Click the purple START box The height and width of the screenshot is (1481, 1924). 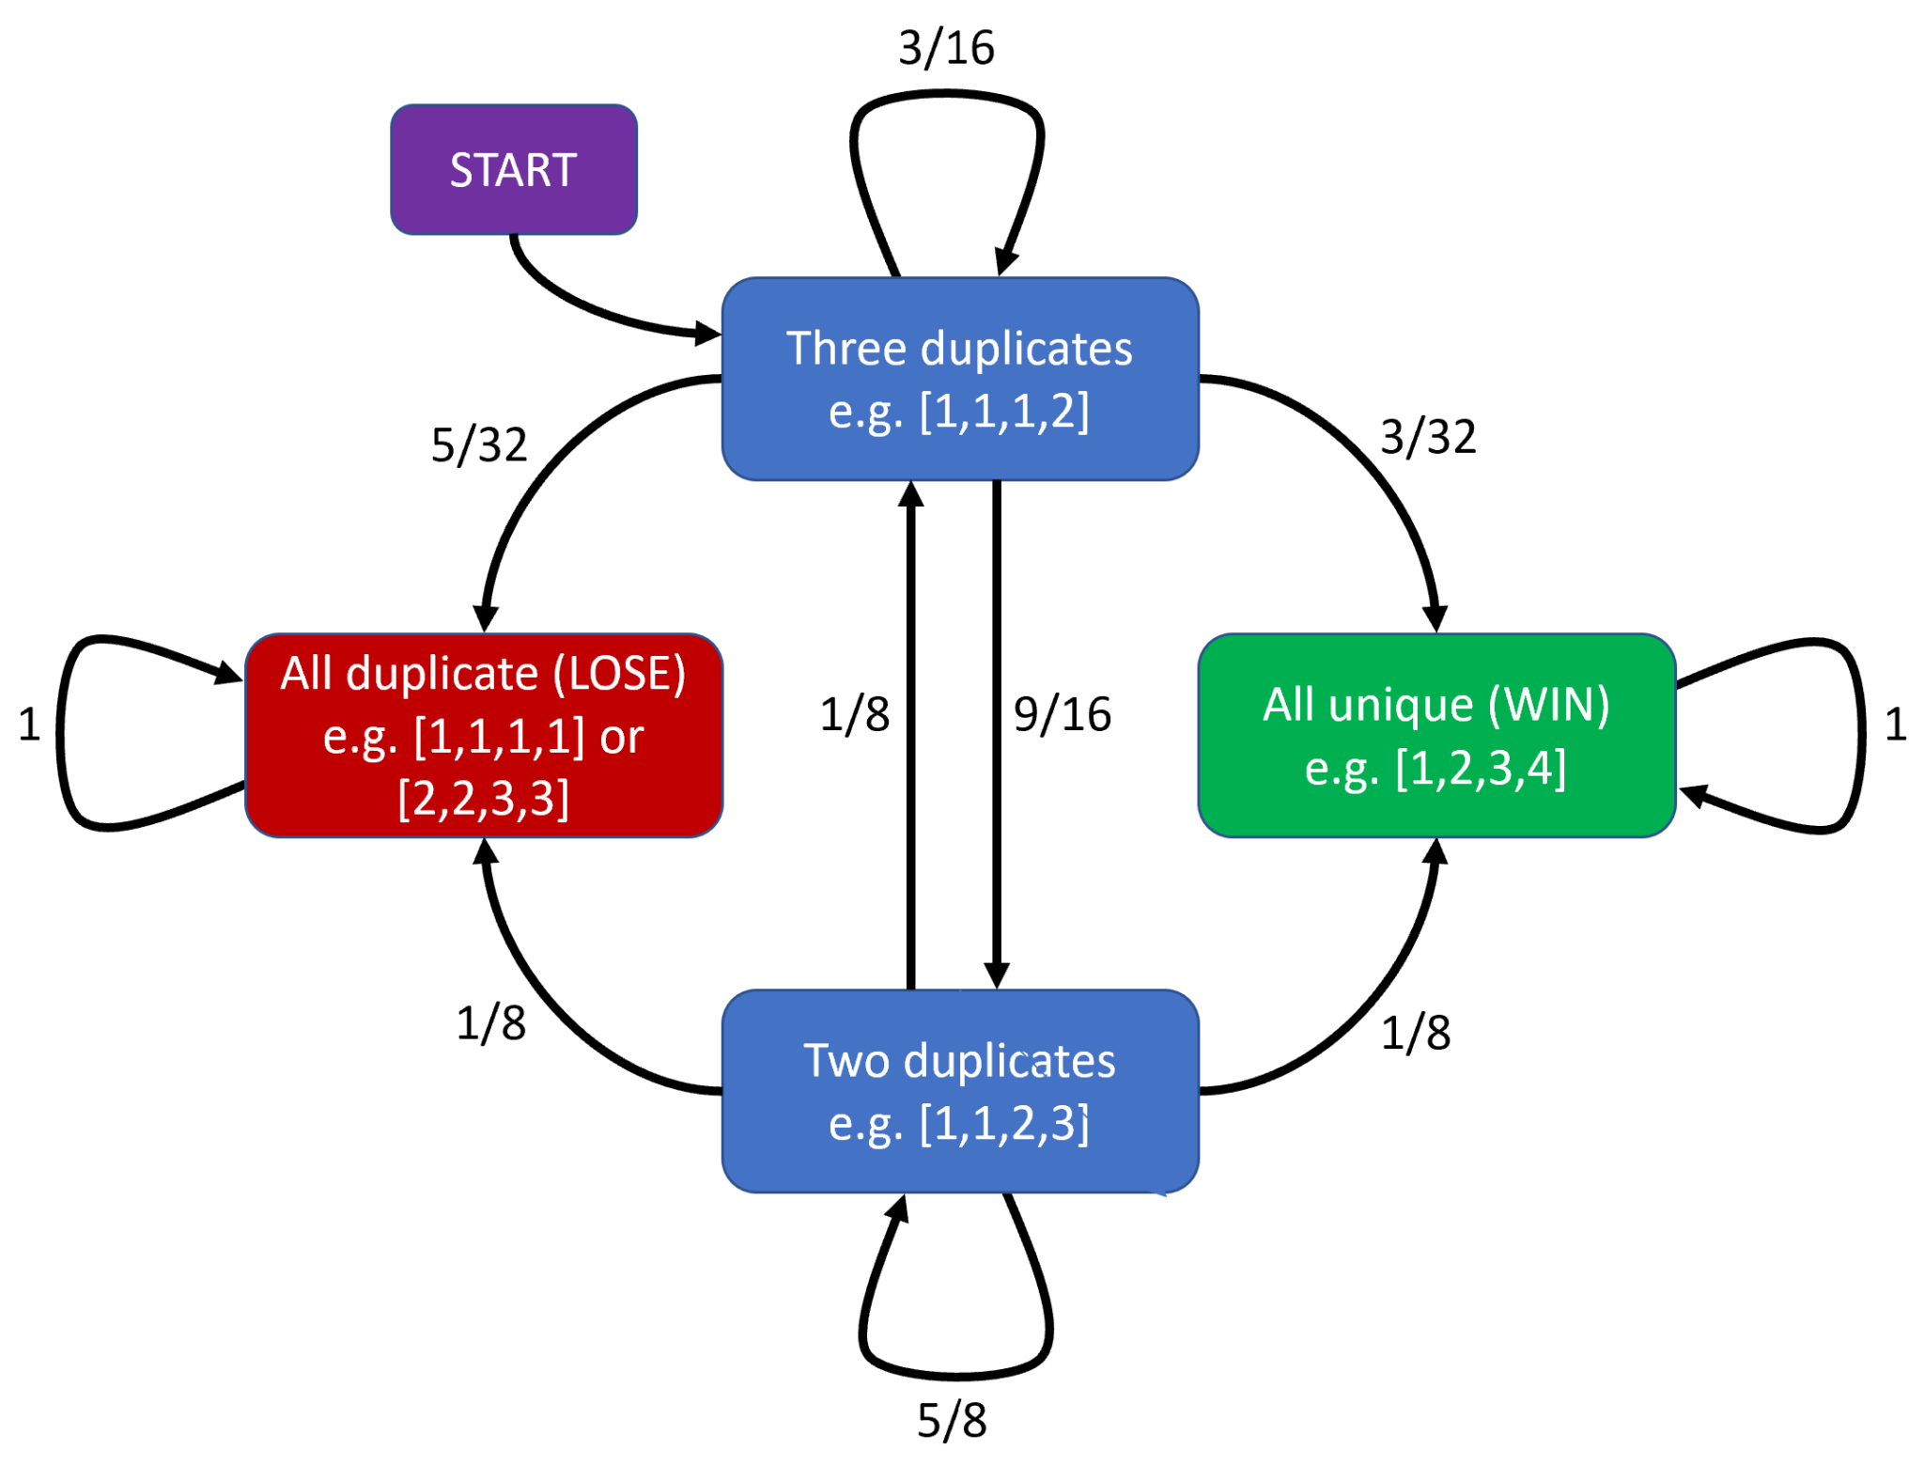513,169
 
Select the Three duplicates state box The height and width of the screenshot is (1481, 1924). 959,378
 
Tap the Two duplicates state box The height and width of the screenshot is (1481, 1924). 959,1090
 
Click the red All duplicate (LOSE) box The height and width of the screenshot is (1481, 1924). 483,735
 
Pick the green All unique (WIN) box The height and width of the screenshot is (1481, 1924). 1435,735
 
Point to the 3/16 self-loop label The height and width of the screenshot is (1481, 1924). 946,48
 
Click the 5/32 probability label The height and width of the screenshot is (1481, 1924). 479,444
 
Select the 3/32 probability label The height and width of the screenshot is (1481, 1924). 1427,437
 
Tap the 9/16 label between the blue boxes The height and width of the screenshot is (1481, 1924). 1062,714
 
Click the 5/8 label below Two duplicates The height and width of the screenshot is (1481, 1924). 952,1420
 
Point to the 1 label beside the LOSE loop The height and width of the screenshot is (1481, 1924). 29,725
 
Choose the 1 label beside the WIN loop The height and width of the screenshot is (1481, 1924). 1895,725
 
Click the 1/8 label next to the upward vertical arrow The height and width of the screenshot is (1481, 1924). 854,714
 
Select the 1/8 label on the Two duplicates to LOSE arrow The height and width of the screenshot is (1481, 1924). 490,1022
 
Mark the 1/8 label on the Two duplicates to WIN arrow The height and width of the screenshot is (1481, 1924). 1415,1033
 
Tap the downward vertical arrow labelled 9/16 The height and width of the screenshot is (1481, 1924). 996,733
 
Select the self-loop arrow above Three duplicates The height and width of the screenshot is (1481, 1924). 947,94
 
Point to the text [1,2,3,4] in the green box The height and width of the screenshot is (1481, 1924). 1481,768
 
